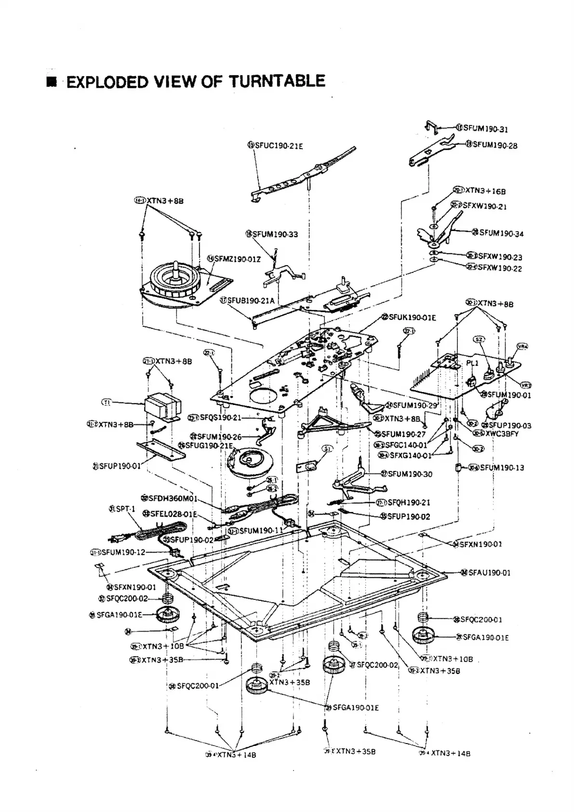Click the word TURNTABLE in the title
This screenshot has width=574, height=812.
tap(277, 81)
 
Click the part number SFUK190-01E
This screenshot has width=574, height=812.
tap(412, 317)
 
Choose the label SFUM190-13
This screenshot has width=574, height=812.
tap(502, 467)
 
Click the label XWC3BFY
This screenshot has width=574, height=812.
tap(502, 433)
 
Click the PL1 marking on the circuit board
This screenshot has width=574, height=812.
tap(472, 363)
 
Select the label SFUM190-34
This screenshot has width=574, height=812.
tap(501, 233)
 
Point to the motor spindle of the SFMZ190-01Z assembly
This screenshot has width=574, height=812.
tap(176, 267)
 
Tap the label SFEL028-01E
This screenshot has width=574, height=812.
tap(173, 514)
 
